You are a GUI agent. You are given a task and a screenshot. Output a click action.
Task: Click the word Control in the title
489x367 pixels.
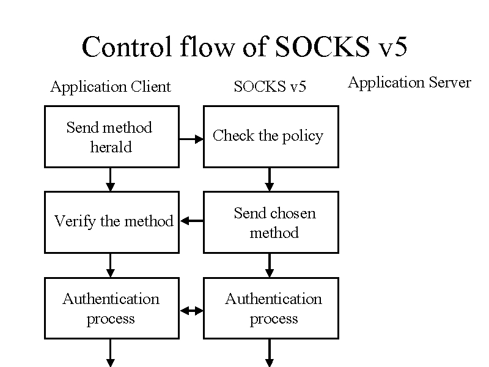[x=127, y=46]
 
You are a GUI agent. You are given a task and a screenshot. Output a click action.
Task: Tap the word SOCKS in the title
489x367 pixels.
[x=323, y=46]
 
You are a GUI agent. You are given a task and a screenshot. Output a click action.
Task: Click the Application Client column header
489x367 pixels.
[x=111, y=87]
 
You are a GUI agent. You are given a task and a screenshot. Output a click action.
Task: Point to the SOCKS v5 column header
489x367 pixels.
[x=270, y=86]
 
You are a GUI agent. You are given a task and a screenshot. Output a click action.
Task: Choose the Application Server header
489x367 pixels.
[x=409, y=83]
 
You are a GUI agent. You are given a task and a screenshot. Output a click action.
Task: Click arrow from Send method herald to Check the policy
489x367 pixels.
[x=191, y=139]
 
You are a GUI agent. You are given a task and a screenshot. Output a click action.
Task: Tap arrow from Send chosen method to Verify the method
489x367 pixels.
[x=192, y=221]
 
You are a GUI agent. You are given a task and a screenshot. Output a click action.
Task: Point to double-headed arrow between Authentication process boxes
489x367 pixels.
[x=192, y=311]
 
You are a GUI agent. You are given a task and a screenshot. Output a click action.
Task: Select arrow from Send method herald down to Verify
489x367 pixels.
[x=111, y=179]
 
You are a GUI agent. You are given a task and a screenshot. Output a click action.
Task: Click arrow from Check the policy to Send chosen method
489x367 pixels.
[x=270, y=179]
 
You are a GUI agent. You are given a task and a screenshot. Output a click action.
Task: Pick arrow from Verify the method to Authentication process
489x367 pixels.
[x=111, y=265]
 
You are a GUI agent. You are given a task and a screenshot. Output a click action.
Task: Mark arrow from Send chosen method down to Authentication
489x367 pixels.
[x=270, y=265]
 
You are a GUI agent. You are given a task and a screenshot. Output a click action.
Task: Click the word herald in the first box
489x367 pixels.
[x=111, y=147]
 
